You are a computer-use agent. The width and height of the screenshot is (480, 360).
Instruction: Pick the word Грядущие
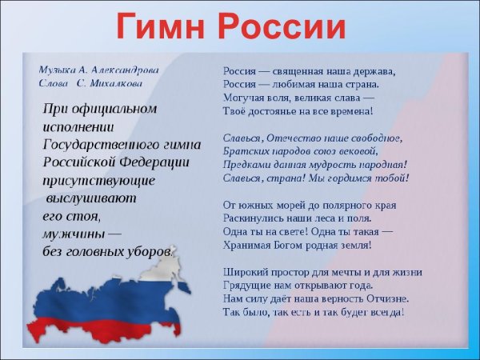click(248, 285)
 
